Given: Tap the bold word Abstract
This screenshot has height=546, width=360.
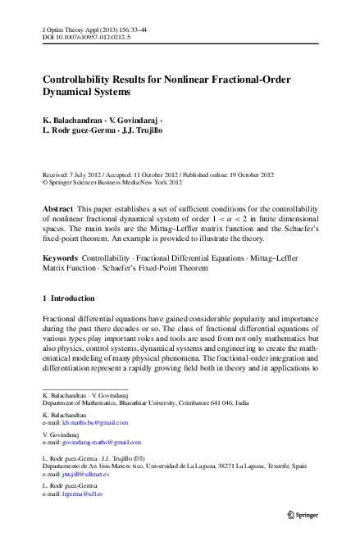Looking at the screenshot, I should click(57, 210).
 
